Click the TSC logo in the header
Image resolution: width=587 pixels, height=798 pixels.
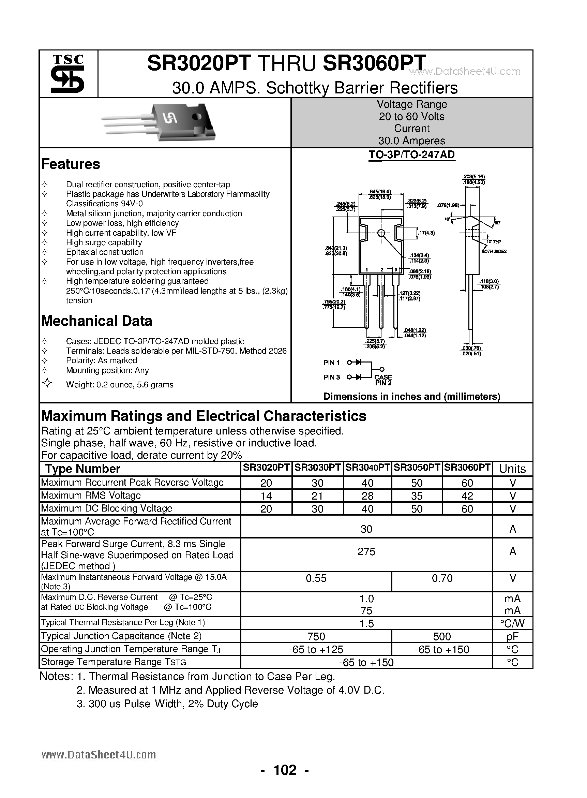pyautogui.click(x=67, y=74)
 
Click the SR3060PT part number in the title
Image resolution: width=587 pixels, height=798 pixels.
pyautogui.click(x=374, y=63)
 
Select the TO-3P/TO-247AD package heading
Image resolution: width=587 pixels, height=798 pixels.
pyautogui.click(x=411, y=155)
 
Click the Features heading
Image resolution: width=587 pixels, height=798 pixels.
pyautogui.click(x=70, y=164)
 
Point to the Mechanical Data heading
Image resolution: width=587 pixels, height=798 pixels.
pyautogui.click(x=97, y=321)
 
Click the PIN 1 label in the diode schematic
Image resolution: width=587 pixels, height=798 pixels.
pyautogui.click(x=331, y=363)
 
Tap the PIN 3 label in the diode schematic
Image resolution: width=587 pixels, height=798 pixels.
pyautogui.click(x=331, y=378)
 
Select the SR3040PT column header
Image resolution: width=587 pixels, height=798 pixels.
pyautogui.click(x=367, y=468)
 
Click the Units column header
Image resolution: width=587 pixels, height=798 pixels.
pyautogui.click(x=512, y=469)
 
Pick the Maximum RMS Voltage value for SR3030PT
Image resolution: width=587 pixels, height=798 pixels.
pyautogui.click(x=317, y=496)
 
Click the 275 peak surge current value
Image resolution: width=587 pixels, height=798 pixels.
pyautogui.click(x=366, y=552)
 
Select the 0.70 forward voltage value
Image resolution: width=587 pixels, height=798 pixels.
pyautogui.click(x=442, y=578)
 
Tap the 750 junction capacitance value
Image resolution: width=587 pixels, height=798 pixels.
pyautogui.click(x=316, y=636)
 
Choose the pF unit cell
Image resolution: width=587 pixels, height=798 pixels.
pyautogui.click(x=512, y=636)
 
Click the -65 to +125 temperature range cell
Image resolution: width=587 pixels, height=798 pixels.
pyautogui.click(x=316, y=649)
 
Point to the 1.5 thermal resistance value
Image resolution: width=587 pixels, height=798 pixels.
pyautogui.click(x=366, y=623)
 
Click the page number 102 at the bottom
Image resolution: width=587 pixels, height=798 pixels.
pyautogui.click(x=285, y=770)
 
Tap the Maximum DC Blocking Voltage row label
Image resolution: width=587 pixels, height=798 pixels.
pyautogui.click(x=106, y=508)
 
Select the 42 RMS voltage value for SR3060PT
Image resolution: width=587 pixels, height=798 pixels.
pyautogui.click(x=467, y=496)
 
